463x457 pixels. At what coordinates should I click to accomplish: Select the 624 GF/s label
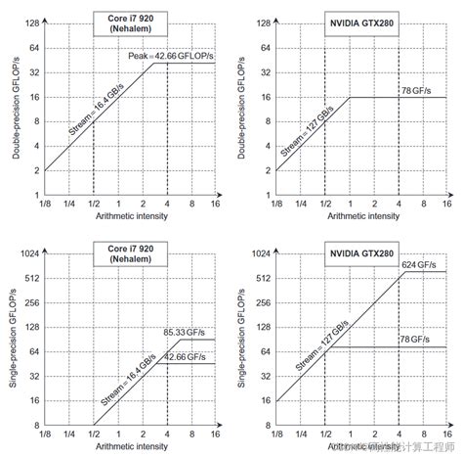(x=421, y=264)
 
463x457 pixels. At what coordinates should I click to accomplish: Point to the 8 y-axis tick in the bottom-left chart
(x=35, y=426)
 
